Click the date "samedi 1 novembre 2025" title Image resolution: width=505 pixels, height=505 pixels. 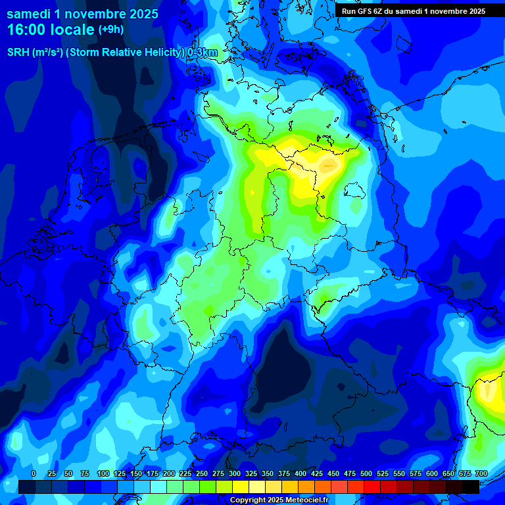pos(82,12)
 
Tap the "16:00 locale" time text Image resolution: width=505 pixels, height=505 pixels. pos(51,29)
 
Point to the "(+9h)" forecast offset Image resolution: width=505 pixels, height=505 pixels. pos(110,29)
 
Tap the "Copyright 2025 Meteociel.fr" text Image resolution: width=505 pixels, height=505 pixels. pos(279,500)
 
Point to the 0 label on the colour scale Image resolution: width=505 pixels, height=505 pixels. pos(34,473)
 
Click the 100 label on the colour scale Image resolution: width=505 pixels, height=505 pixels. pos(103,473)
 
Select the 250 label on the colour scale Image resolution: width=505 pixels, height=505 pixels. pos(202,473)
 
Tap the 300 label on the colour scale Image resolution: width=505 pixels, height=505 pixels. pos(235,473)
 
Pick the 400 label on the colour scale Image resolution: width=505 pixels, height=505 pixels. pos(301,473)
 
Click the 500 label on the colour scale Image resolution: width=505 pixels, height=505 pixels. pos(366,473)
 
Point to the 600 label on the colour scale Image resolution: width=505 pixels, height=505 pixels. pos(432,473)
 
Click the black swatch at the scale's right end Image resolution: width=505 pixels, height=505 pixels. pos(471,487)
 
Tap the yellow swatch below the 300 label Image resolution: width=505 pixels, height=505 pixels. pos(241,487)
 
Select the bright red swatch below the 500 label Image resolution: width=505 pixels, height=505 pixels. pos(372,487)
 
